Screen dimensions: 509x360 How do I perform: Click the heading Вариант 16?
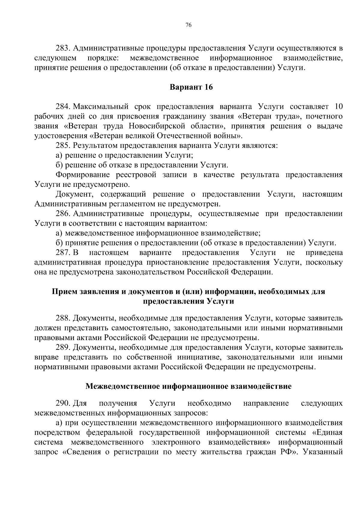(191, 87)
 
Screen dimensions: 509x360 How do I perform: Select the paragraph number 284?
(63, 106)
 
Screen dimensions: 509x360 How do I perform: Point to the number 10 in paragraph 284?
(338, 106)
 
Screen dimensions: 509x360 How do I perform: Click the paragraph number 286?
(63, 214)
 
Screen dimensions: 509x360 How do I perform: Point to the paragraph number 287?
(63, 253)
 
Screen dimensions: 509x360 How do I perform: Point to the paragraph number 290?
(63, 403)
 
